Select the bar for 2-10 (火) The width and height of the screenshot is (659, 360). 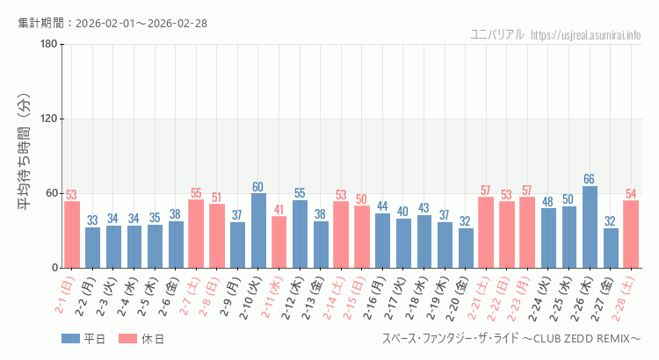coord(258,230)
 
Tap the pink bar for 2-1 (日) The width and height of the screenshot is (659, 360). coord(72,234)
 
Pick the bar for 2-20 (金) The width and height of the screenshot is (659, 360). coord(466,248)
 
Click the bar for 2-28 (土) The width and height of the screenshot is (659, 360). coord(631,234)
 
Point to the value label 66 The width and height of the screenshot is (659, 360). coord(590,179)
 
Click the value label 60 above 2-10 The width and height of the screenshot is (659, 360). coord(258,187)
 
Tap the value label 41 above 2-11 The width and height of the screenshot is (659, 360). coord(279,210)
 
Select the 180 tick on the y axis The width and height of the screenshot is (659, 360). coord(49,45)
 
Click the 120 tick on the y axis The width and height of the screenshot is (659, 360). coord(49,119)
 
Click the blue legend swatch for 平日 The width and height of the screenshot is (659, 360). coord(70,339)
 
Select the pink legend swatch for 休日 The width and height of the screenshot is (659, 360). coord(127,339)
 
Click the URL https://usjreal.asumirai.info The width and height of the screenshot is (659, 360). coord(586,35)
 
